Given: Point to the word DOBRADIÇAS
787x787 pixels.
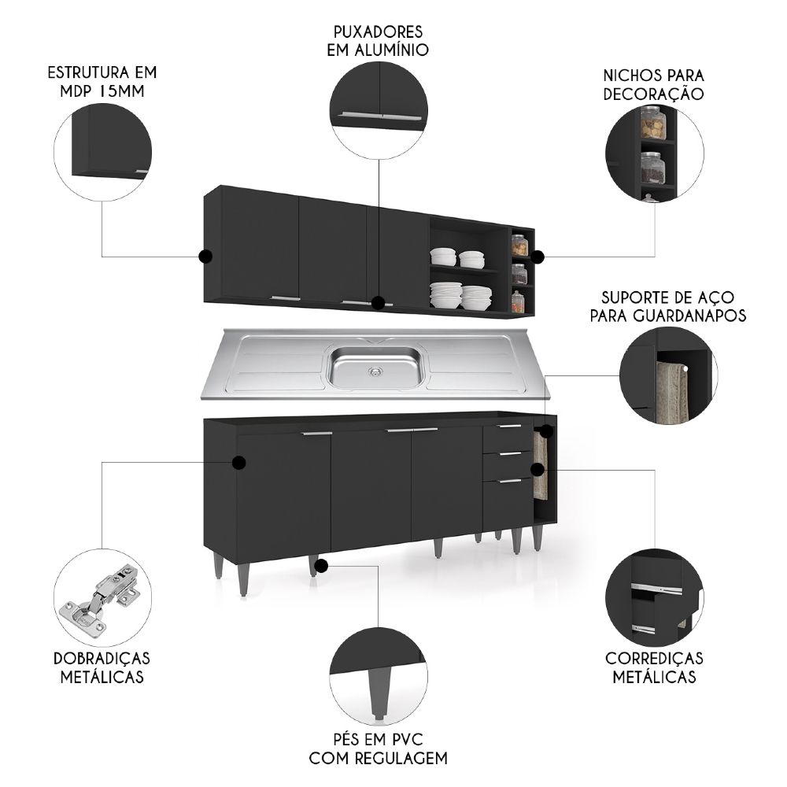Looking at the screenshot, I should (102, 658).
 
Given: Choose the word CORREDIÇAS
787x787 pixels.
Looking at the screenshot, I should (654, 658).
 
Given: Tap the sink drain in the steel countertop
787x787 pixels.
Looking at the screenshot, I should (375, 368).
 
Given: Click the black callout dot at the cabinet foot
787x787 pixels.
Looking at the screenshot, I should (323, 563).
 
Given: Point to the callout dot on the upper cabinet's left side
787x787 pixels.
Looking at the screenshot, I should (205, 257).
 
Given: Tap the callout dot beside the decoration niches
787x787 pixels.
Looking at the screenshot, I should (538, 257).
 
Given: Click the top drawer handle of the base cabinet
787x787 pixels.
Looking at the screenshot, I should (510, 427).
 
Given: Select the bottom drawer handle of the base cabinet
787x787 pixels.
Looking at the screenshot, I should (510, 480).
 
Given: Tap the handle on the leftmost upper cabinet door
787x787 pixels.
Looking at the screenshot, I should (285, 298).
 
